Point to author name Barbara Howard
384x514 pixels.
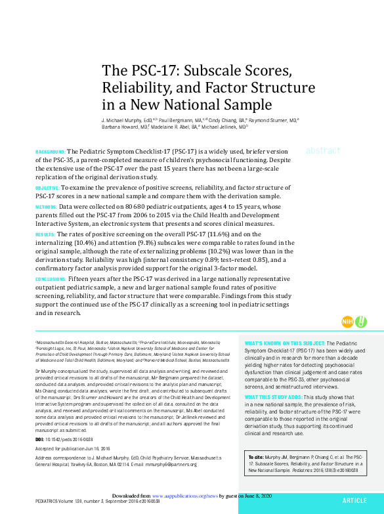coord(116,127)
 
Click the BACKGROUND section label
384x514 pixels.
coord(50,152)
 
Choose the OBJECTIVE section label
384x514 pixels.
coord(47,188)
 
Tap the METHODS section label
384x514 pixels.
coord(46,207)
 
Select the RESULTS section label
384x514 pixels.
coord(45,234)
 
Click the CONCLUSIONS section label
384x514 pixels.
coord(51,279)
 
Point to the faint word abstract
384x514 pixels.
coord(323,150)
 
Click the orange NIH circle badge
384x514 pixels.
coord(348,322)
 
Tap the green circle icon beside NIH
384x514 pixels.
coord(361,322)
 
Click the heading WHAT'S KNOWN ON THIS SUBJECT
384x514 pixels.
coord(284,343)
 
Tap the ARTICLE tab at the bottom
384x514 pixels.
coord(354,500)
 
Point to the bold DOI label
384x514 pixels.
coord(39,438)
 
